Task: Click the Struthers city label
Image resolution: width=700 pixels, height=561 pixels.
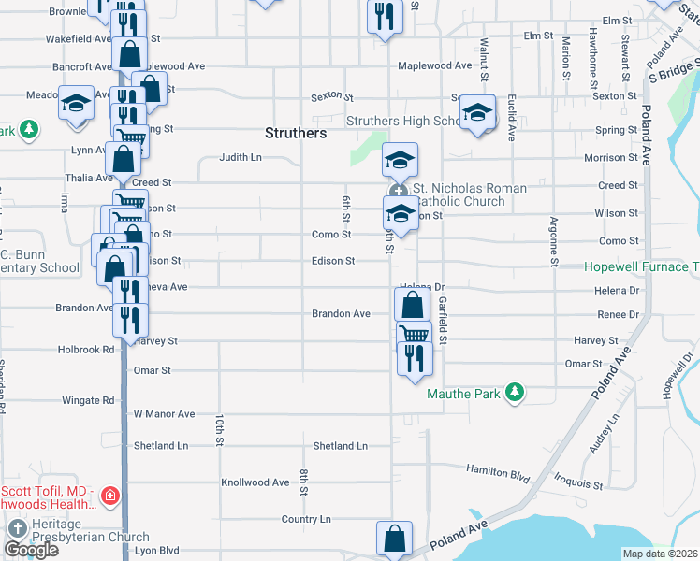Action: pos(296,133)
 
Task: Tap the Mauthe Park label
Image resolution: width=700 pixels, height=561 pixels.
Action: pos(463,394)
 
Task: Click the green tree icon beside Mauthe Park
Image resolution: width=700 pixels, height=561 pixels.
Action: pos(513,393)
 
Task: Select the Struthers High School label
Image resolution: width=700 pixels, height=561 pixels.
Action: pos(401,122)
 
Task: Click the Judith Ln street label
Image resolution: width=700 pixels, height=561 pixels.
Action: pos(241,157)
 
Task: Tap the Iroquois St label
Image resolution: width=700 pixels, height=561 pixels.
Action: pos(577,484)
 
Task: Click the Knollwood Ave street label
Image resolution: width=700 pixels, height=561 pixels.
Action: pos(255,482)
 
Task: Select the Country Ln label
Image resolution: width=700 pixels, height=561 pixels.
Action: pos(306,519)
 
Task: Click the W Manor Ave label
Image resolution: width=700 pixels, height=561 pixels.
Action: pos(164,413)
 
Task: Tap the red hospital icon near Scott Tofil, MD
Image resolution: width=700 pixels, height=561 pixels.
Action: pos(110,495)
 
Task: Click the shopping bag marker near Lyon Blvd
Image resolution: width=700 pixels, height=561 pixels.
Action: pos(394,539)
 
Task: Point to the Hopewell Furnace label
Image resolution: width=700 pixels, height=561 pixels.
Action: pos(642,266)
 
